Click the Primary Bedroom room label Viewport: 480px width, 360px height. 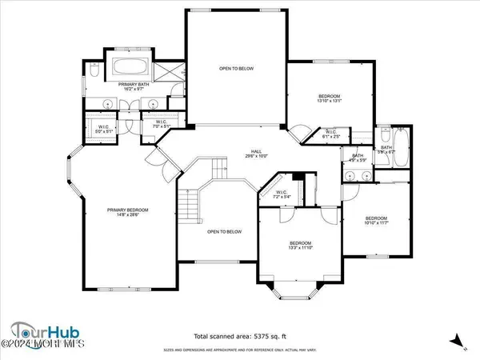[128, 211]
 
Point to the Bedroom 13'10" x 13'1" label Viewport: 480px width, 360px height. [329, 98]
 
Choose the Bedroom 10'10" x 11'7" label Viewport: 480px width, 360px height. [376, 220]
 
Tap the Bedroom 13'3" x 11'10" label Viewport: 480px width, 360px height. [300, 245]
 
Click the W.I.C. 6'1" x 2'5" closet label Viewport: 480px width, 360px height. [330, 135]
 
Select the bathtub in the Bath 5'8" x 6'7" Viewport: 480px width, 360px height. [399, 146]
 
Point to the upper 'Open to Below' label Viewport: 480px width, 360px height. [237, 69]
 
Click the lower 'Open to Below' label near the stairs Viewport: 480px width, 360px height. [224, 232]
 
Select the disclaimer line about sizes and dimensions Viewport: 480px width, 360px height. [240, 350]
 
